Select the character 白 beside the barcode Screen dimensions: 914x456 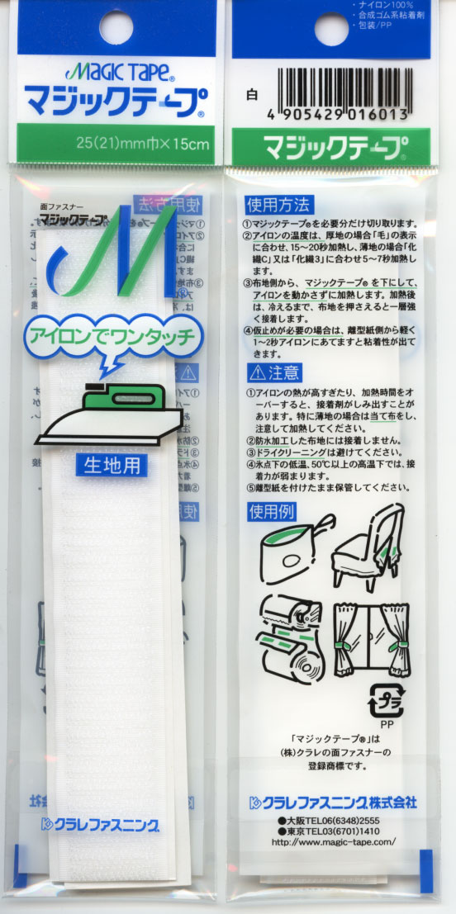252,95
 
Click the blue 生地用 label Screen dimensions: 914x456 113,465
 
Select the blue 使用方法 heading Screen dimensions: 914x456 278,204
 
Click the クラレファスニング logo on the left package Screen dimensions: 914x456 99,823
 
